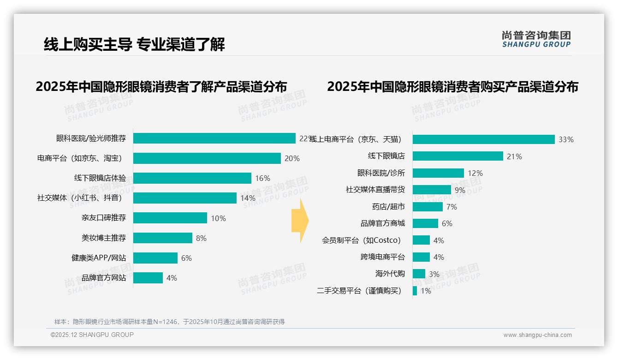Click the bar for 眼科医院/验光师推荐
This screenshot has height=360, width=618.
[214, 138]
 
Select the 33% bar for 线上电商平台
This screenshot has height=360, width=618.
[483, 139]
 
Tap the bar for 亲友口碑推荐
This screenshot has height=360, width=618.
[170, 218]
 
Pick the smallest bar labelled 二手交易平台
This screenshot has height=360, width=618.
[415, 291]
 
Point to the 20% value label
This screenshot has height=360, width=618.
[292, 158]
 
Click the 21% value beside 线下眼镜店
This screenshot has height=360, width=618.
[514, 156]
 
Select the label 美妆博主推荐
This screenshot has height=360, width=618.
[104, 238]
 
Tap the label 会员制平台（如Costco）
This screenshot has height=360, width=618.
[362, 240]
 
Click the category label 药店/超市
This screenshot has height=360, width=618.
[388, 207]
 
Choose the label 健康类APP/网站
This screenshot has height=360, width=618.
[99, 258]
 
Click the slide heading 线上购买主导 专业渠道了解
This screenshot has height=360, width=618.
[134, 45]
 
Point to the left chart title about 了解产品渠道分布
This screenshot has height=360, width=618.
[161, 87]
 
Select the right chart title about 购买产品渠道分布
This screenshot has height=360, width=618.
[452, 87]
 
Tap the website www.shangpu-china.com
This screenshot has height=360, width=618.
[537, 335]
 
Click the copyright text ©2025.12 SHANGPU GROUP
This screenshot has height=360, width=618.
[92, 335]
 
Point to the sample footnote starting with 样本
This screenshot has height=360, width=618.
[169, 322]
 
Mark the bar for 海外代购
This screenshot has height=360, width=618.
[419, 274]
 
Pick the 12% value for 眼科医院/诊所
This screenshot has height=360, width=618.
[475, 173]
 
